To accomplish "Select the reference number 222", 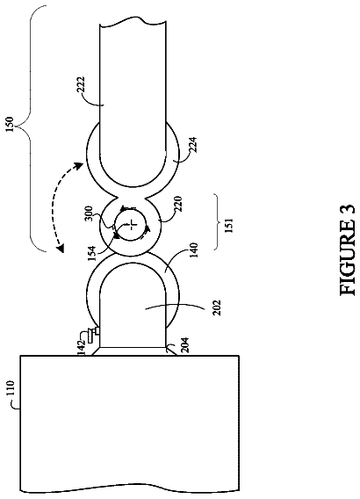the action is click(81, 85).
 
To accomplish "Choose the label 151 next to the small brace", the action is click(228, 225).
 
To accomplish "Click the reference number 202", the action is click(217, 307).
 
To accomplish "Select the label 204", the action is click(185, 345).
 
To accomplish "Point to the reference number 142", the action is click(82, 347).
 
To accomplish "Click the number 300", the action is click(89, 214).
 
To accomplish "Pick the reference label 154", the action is click(91, 254).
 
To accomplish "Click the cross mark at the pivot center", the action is click(131, 224).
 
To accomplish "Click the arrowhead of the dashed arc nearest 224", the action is click(78, 165).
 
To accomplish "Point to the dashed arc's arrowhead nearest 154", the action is click(61, 248).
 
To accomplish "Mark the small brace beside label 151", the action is click(216, 221).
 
